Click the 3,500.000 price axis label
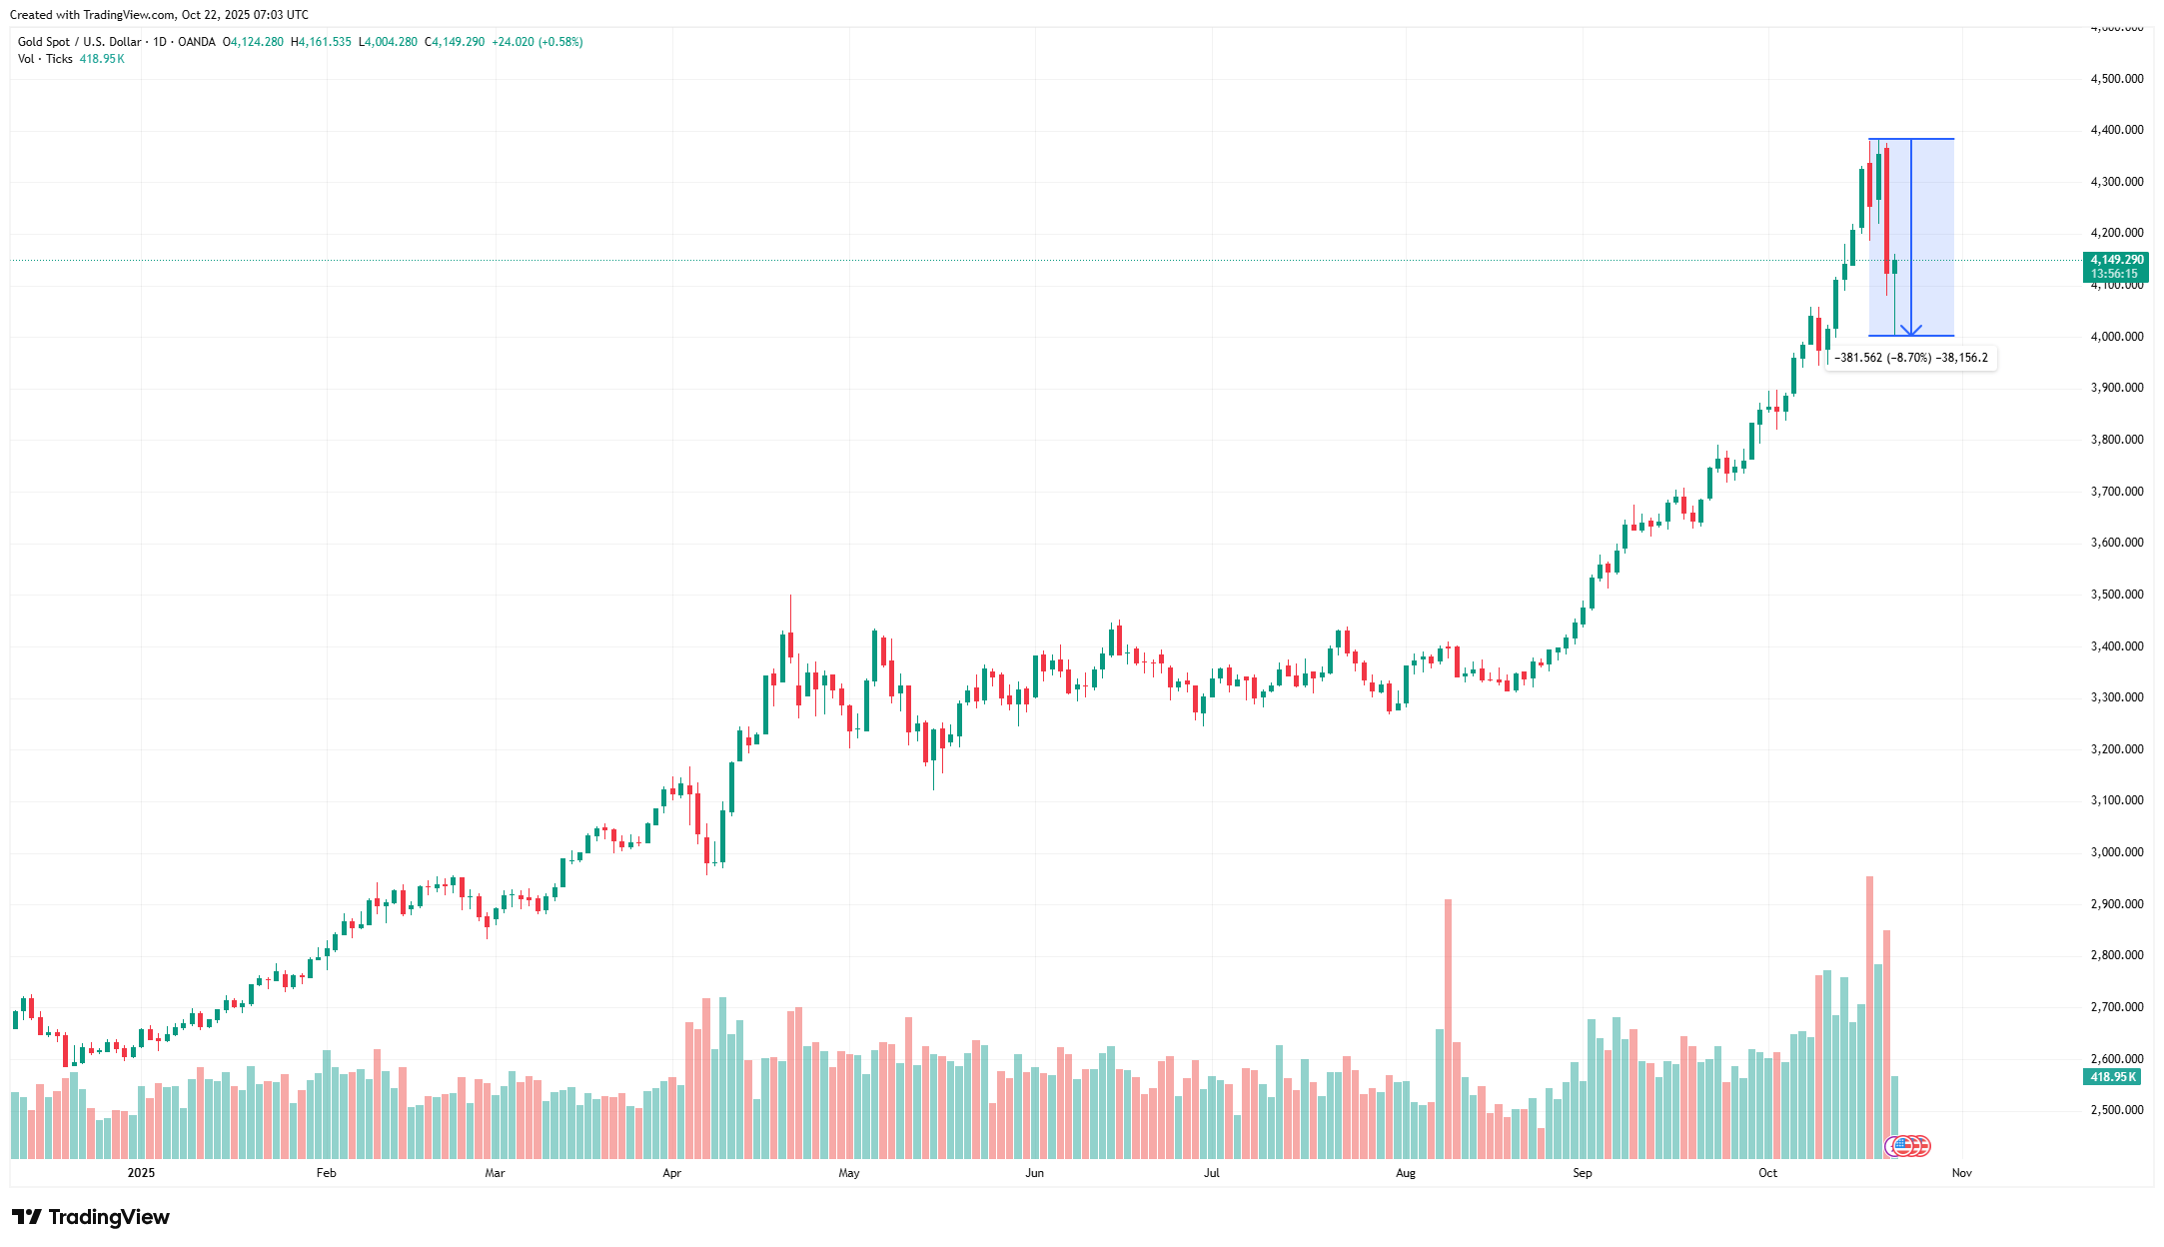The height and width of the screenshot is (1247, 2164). (x=2116, y=595)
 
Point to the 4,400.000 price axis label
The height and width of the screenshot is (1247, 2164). (x=2116, y=130)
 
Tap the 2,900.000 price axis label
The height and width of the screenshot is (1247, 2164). (x=2116, y=904)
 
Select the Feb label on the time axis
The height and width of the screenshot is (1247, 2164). (x=326, y=1173)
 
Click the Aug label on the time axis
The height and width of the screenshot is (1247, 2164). (x=1405, y=1173)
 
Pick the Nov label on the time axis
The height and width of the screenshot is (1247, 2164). (x=1961, y=1173)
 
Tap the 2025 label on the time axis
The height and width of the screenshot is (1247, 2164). (x=141, y=1173)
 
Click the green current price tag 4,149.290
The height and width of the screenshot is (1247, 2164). (x=2116, y=260)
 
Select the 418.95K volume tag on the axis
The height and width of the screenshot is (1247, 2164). (x=2113, y=1077)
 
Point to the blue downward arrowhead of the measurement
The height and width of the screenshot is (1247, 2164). (x=1910, y=331)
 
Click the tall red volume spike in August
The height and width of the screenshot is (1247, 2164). (x=1448, y=1029)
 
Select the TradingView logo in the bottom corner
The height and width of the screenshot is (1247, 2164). (x=91, y=1217)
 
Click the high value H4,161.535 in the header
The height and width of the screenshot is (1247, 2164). (x=321, y=42)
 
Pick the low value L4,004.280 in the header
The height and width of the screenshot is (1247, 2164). (x=388, y=42)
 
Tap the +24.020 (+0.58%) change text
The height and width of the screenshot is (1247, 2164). (x=537, y=42)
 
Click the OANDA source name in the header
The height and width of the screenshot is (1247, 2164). (x=197, y=42)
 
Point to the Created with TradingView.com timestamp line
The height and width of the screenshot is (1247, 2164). (x=159, y=15)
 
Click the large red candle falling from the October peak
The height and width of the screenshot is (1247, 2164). (x=1886, y=210)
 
